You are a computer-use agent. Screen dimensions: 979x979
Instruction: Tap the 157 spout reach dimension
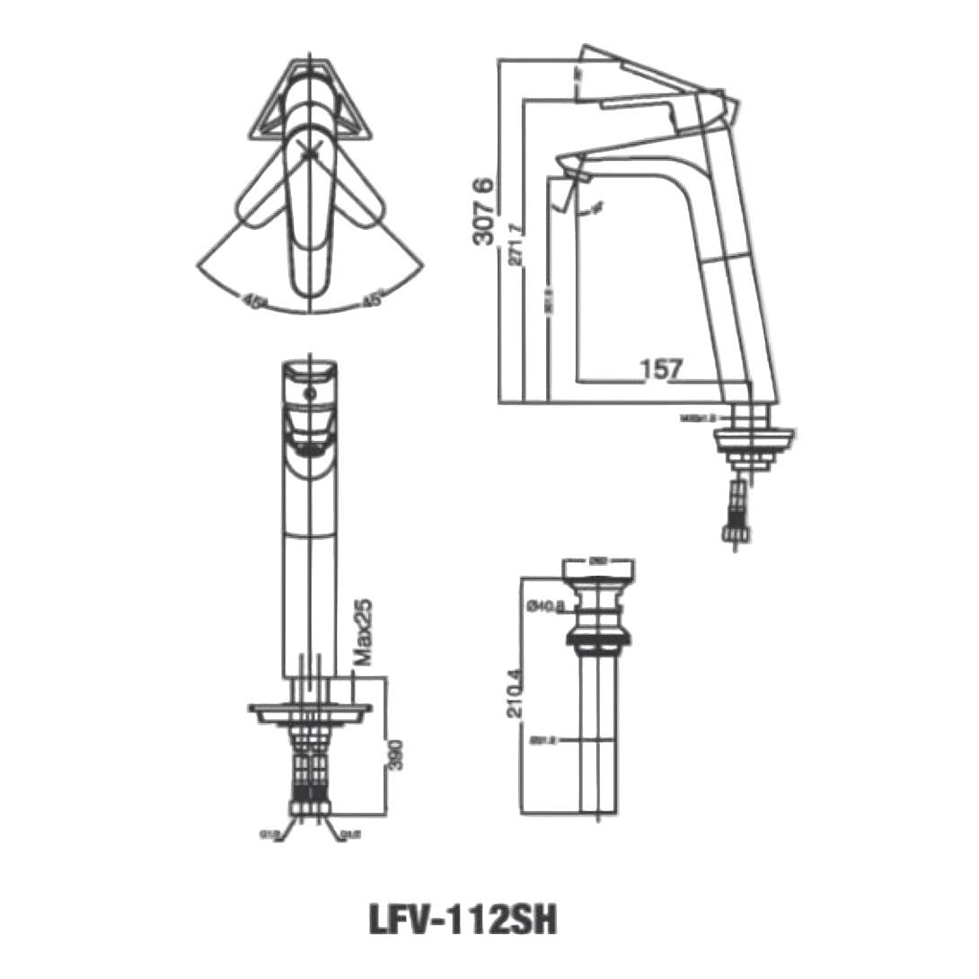662,368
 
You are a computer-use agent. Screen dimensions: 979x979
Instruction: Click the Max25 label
363,633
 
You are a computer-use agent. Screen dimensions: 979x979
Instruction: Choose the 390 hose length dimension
392,754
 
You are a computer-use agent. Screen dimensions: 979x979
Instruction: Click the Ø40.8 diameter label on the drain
544,608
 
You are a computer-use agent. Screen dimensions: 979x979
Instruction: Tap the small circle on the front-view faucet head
309,393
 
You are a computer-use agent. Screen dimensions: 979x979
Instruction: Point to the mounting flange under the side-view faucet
754,438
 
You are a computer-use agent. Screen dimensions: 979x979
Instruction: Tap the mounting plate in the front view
309,711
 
